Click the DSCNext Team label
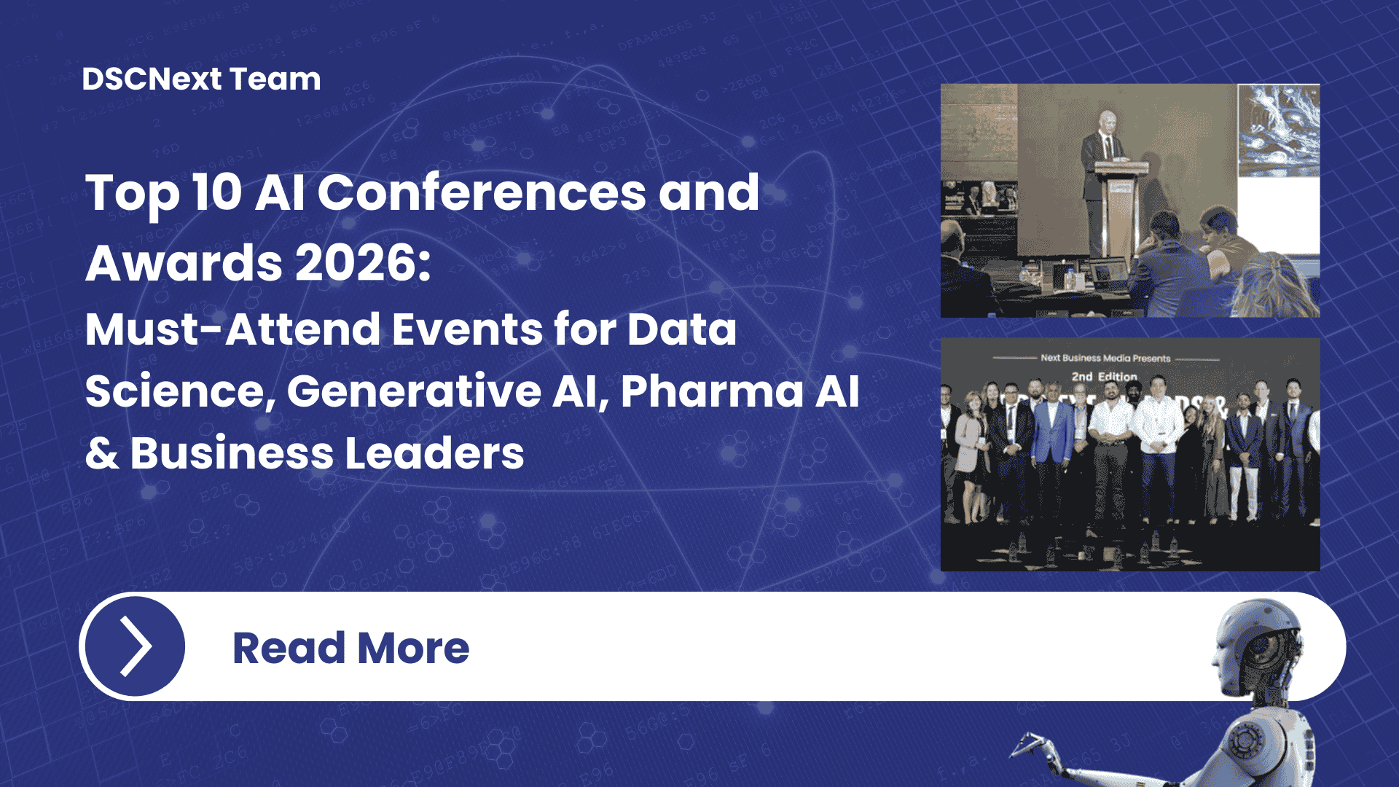pyautogui.click(x=201, y=79)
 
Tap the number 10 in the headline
pyautogui.click(x=216, y=193)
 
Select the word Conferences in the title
pyautogui.click(x=482, y=193)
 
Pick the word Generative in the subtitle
pyautogui.click(x=413, y=391)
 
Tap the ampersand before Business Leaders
pyautogui.click(x=102, y=453)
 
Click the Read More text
pyautogui.click(x=350, y=648)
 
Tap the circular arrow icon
pyautogui.click(x=135, y=646)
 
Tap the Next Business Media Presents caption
pyautogui.click(x=1105, y=358)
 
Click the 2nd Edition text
pyautogui.click(x=1104, y=376)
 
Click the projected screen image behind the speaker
pyautogui.click(x=1279, y=131)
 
